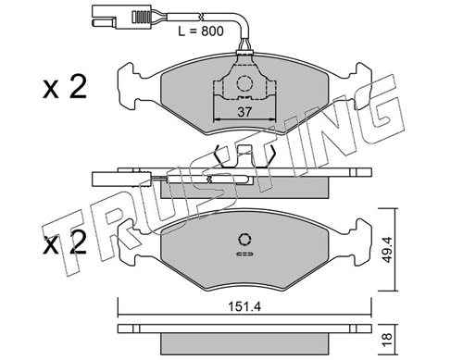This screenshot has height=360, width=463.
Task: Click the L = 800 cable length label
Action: point(201,31)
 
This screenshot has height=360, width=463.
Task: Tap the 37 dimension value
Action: point(244,112)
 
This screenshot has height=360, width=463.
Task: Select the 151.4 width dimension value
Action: point(244,306)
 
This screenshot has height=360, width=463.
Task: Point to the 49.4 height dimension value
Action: point(387,250)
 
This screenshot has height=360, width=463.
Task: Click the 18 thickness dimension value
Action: point(387,340)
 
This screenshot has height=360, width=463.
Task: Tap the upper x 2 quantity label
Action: point(65,87)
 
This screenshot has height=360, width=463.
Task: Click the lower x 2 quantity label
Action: point(65,243)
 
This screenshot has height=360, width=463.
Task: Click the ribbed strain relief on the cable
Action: point(141,17)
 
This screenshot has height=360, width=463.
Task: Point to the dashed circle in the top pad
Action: point(244,83)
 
